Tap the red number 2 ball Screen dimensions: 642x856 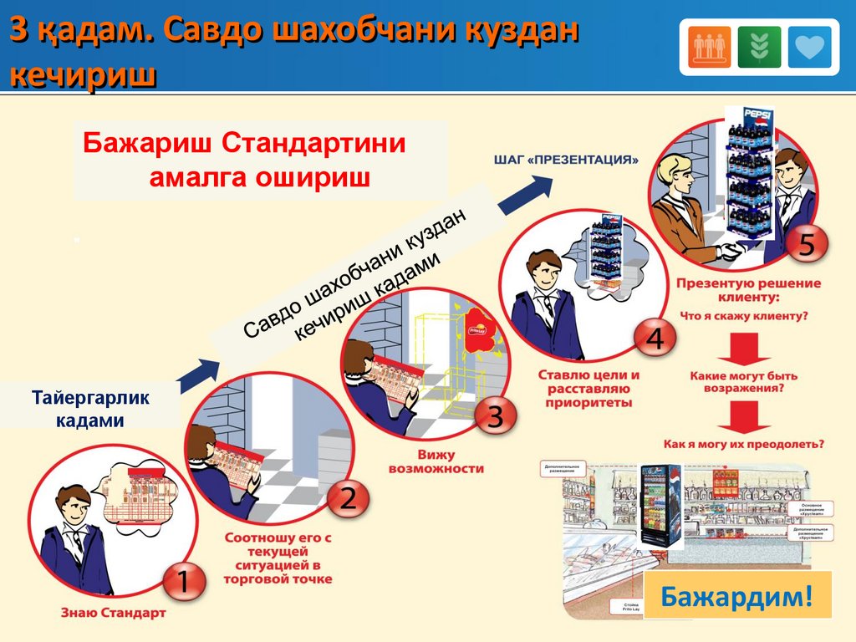[x=346, y=500]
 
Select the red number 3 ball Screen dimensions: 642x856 [x=494, y=416]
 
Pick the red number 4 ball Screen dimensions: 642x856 [x=655, y=339]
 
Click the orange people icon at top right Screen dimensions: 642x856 [x=710, y=47]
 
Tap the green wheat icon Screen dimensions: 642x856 [x=759, y=47]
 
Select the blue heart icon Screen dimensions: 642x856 [x=809, y=47]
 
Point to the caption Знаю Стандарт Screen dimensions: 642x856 [x=113, y=613]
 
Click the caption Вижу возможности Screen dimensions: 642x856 [x=436, y=461]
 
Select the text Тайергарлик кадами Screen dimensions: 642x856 [x=90, y=409]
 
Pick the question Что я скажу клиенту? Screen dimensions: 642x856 [x=743, y=316]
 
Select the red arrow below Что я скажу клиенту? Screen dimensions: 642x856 [x=743, y=347]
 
